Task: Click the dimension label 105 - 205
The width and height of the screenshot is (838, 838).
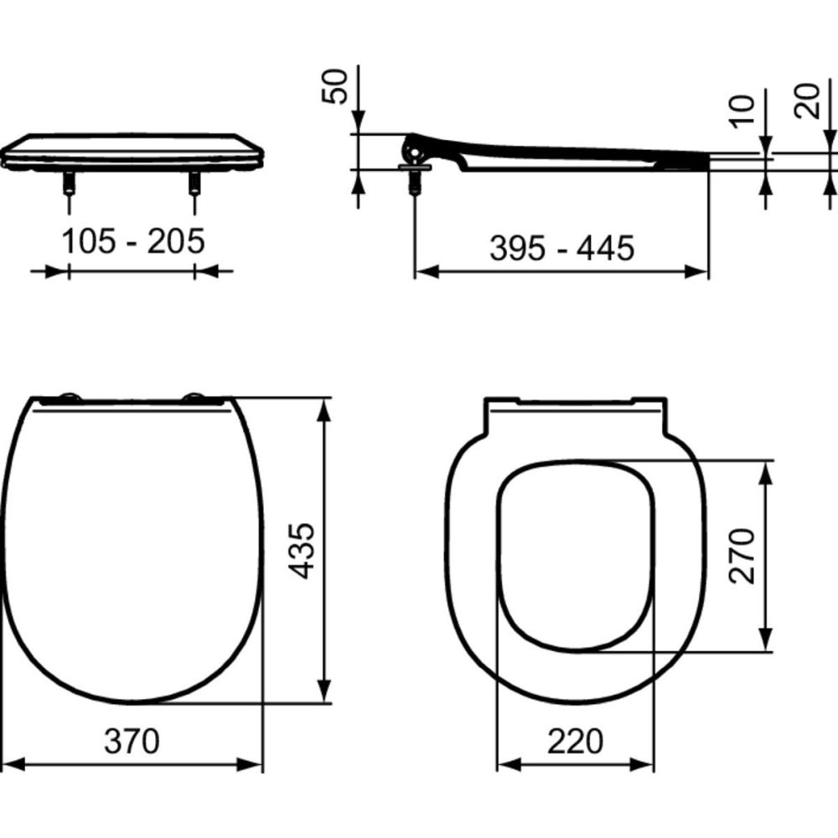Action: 133,241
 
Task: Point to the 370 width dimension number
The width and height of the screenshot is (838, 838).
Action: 132,740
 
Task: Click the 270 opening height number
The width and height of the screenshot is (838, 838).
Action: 742,555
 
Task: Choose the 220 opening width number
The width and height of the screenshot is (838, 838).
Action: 575,741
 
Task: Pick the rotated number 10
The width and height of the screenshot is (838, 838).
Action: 742,110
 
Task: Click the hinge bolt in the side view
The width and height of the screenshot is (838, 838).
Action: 412,179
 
